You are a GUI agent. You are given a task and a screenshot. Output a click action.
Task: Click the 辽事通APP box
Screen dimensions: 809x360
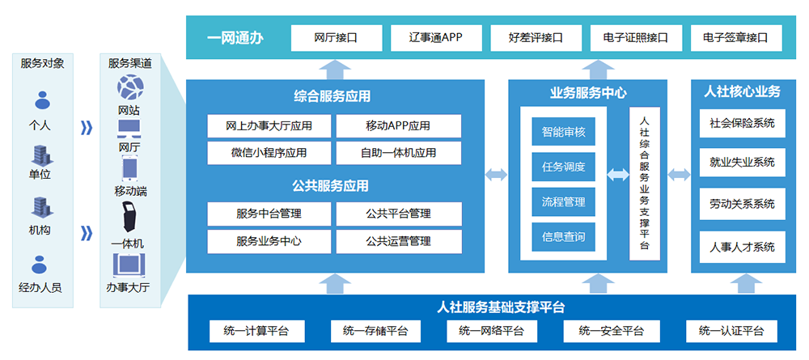click(436, 38)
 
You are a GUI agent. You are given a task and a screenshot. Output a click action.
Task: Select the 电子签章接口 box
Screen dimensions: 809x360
click(736, 38)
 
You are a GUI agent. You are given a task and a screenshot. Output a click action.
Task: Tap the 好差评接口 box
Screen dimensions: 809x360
click(536, 38)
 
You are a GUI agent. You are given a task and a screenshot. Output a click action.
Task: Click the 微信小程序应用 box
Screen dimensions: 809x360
click(269, 153)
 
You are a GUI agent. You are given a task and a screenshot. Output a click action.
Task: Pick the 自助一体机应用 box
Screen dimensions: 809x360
click(399, 153)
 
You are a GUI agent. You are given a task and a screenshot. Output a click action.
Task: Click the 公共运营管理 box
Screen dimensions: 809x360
click(399, 241)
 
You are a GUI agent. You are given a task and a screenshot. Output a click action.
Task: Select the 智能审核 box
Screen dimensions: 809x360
click(563, 132)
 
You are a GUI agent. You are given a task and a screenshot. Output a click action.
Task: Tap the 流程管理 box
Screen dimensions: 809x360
click(563, 201)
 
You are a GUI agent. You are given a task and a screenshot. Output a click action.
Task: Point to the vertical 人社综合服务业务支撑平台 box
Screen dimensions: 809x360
click(645, 183)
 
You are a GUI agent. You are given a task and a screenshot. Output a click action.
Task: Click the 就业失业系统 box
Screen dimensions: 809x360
click(742, 163)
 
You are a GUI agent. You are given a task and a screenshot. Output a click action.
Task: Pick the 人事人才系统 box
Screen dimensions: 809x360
click(742, 247)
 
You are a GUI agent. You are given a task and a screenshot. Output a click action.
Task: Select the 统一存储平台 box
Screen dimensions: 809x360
click(375, 331)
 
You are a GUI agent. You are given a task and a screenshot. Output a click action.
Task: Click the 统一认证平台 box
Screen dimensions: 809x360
click(731, 331)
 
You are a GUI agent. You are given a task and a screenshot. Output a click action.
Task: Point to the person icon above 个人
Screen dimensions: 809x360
click(42, 100)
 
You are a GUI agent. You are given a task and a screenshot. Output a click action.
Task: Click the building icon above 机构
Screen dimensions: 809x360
click(40, 207)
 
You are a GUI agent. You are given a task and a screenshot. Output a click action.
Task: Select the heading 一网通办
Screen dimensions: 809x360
click(235, 39)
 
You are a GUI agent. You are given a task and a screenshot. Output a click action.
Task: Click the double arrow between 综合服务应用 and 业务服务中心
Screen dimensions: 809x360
click(497, 175)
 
